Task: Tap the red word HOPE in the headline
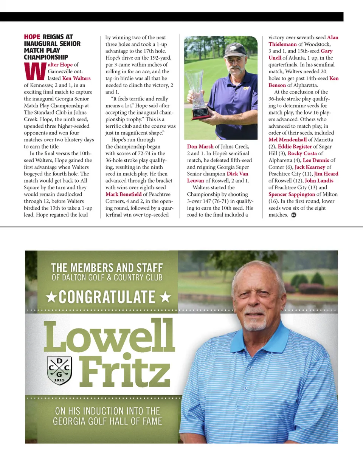pyautogui.click(x=32, y=37)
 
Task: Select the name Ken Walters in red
pyautogui.click(x=76, y=78)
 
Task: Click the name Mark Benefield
pyautogui.click(x=123, y=194)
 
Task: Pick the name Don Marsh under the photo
pyautogui.click(x=200, y=147)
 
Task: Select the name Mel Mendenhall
pyautogui.click(x=287, y=140)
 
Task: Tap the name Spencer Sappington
pyautogui.click(x=292, y=194)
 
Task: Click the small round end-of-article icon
pyautogui.click(x=294, y=215)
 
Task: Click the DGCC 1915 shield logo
pyautogui.click(x=59, y=370)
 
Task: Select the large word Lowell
pyautogui.click(x=109, y=336)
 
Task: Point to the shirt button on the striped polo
pyautogui.click(x=245, y=388)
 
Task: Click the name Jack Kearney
pyautogui.click(x=310, y=167)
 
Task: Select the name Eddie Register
pyautogui.click(x=295, y=147)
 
